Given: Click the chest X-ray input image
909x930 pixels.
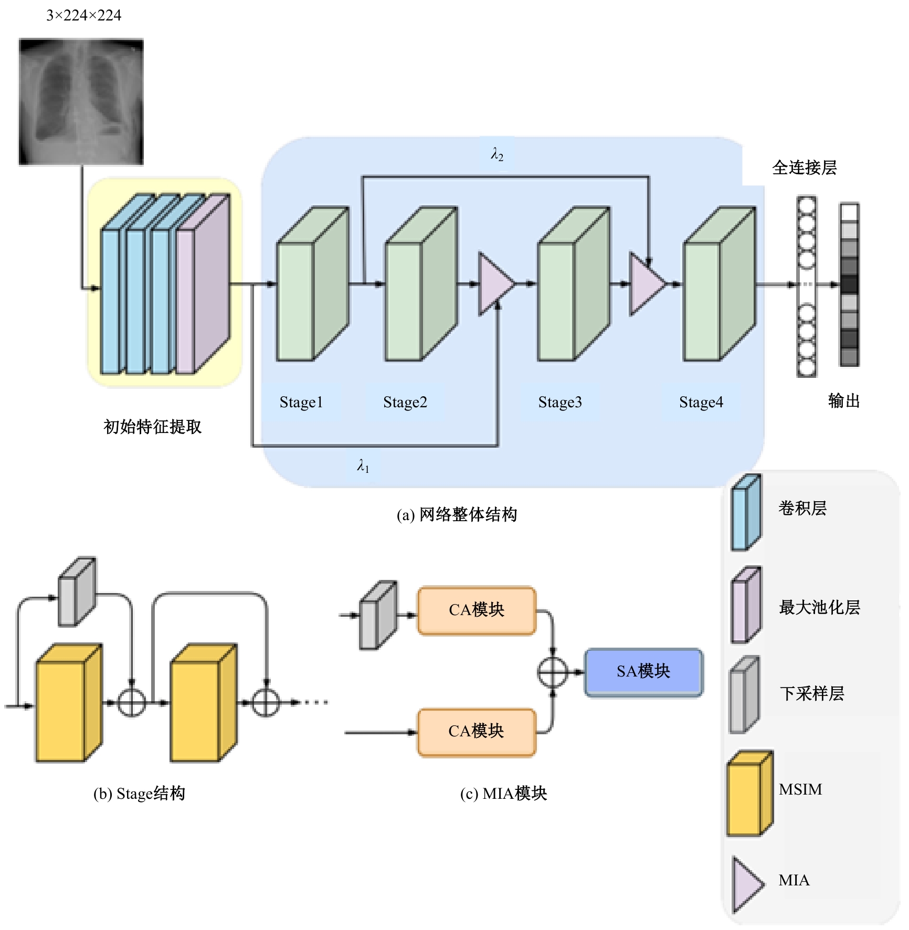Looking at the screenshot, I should pos(81,102).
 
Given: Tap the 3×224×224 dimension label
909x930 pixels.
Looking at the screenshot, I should pos(84,16).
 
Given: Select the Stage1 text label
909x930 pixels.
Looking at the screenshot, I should pos(301,402).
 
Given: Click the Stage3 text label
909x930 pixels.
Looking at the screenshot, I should pos(560,402).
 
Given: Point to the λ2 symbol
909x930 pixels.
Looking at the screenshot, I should pos(497,154).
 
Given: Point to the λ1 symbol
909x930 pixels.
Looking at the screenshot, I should pos(363,466).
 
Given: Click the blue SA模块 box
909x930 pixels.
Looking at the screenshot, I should pos(643,672).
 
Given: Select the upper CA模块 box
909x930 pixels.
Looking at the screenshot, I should pos(477,610).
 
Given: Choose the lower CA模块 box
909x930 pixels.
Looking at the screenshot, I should pos(477,732).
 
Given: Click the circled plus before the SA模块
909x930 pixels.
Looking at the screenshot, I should pos(553,672).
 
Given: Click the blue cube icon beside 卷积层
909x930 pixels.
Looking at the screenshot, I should pos(746,512).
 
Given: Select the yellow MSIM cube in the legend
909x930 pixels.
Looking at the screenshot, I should pos(749,793).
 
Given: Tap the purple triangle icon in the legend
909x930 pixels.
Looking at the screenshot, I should pos(746,885).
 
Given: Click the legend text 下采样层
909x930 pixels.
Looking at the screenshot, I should pos(812,694).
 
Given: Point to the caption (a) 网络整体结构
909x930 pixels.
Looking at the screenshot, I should pos(457,515).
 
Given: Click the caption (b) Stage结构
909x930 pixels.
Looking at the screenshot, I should pos(139,794).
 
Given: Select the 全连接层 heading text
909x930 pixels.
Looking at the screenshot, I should pos(804,168).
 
